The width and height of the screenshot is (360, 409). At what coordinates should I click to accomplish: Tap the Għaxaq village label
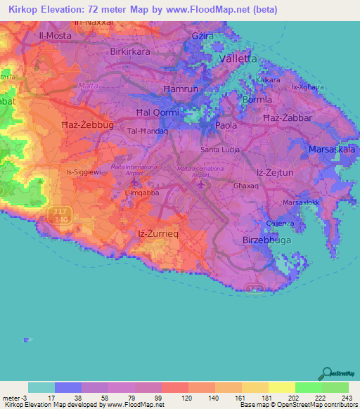click(x=247, y=188)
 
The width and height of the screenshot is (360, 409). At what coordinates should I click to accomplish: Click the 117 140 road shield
click(x=60, y=214)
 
